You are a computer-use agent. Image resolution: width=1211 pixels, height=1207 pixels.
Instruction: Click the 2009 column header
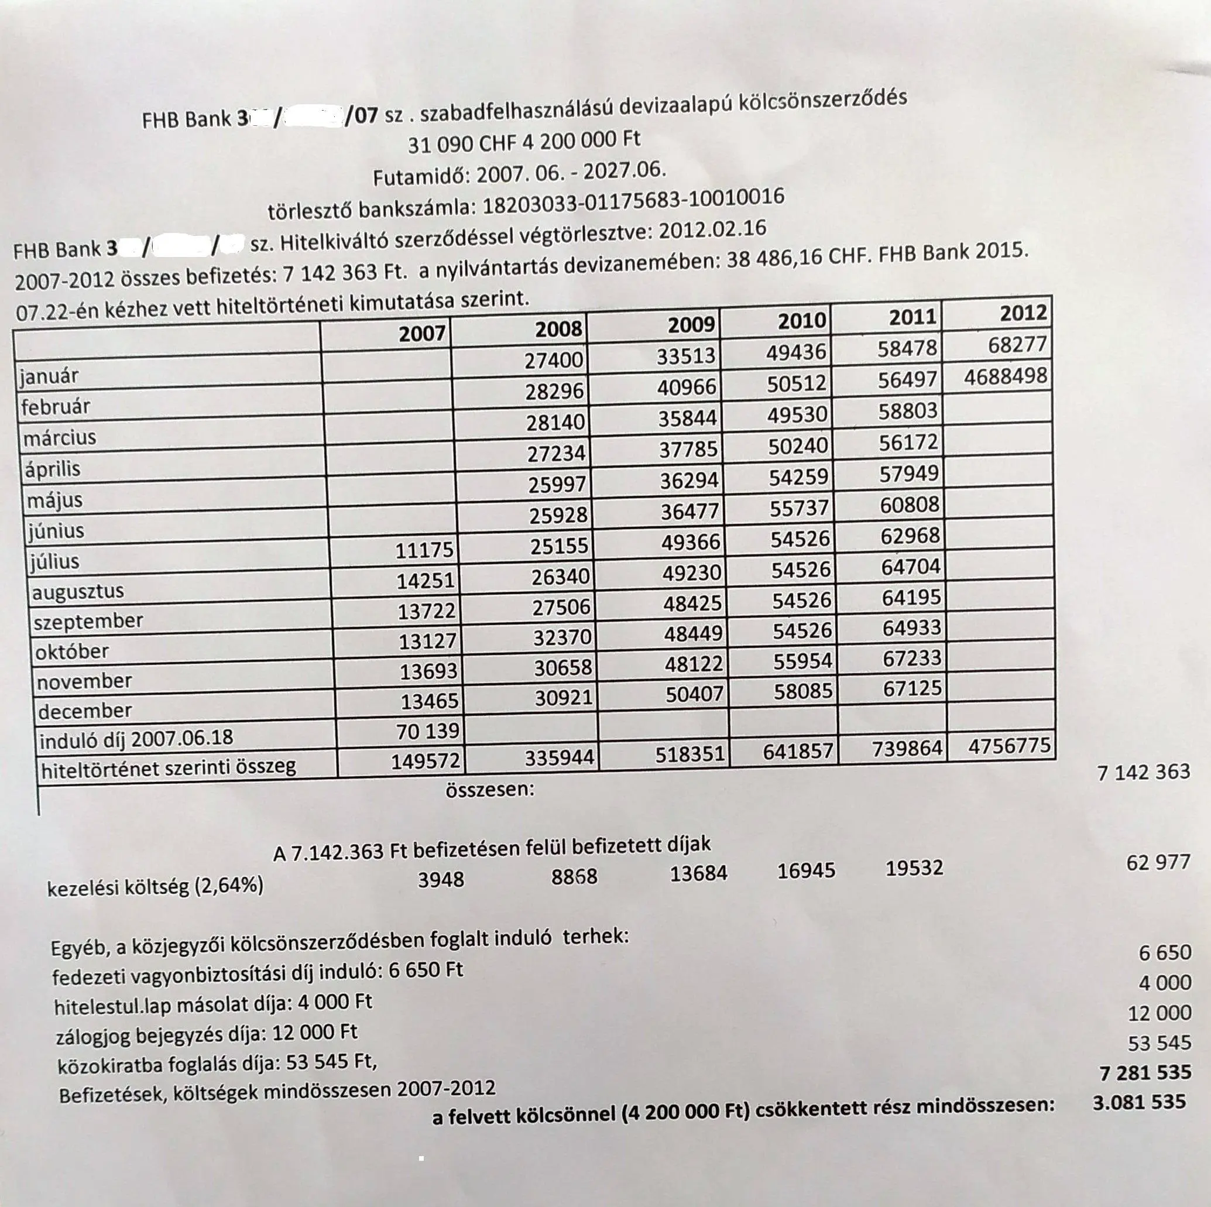[x=691, y=325]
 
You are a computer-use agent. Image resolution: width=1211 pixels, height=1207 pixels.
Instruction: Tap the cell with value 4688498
[x=1006, y=376]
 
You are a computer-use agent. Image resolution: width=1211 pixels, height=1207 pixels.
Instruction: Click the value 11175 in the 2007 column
[x=424, y=550]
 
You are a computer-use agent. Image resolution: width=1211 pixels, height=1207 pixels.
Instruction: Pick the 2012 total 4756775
[x=1008, y=746]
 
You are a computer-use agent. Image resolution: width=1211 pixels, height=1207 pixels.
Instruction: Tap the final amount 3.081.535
[x=1139, y=1102]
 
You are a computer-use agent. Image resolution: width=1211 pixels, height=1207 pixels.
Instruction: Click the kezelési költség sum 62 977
[x=1158, y=863]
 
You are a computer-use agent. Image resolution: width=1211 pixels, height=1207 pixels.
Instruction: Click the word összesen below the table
[x=489, y=790]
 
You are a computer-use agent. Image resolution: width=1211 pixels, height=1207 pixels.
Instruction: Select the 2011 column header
[x=912, y=318]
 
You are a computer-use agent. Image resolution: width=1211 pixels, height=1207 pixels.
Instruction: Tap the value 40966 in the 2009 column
[x=687, y=387]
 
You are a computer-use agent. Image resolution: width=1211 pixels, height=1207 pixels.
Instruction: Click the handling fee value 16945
[x=806, y=870]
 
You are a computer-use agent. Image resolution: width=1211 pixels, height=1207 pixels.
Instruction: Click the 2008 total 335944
[x=559, y=757]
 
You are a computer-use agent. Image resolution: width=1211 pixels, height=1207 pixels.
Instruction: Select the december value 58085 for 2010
[x=803, y=691]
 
